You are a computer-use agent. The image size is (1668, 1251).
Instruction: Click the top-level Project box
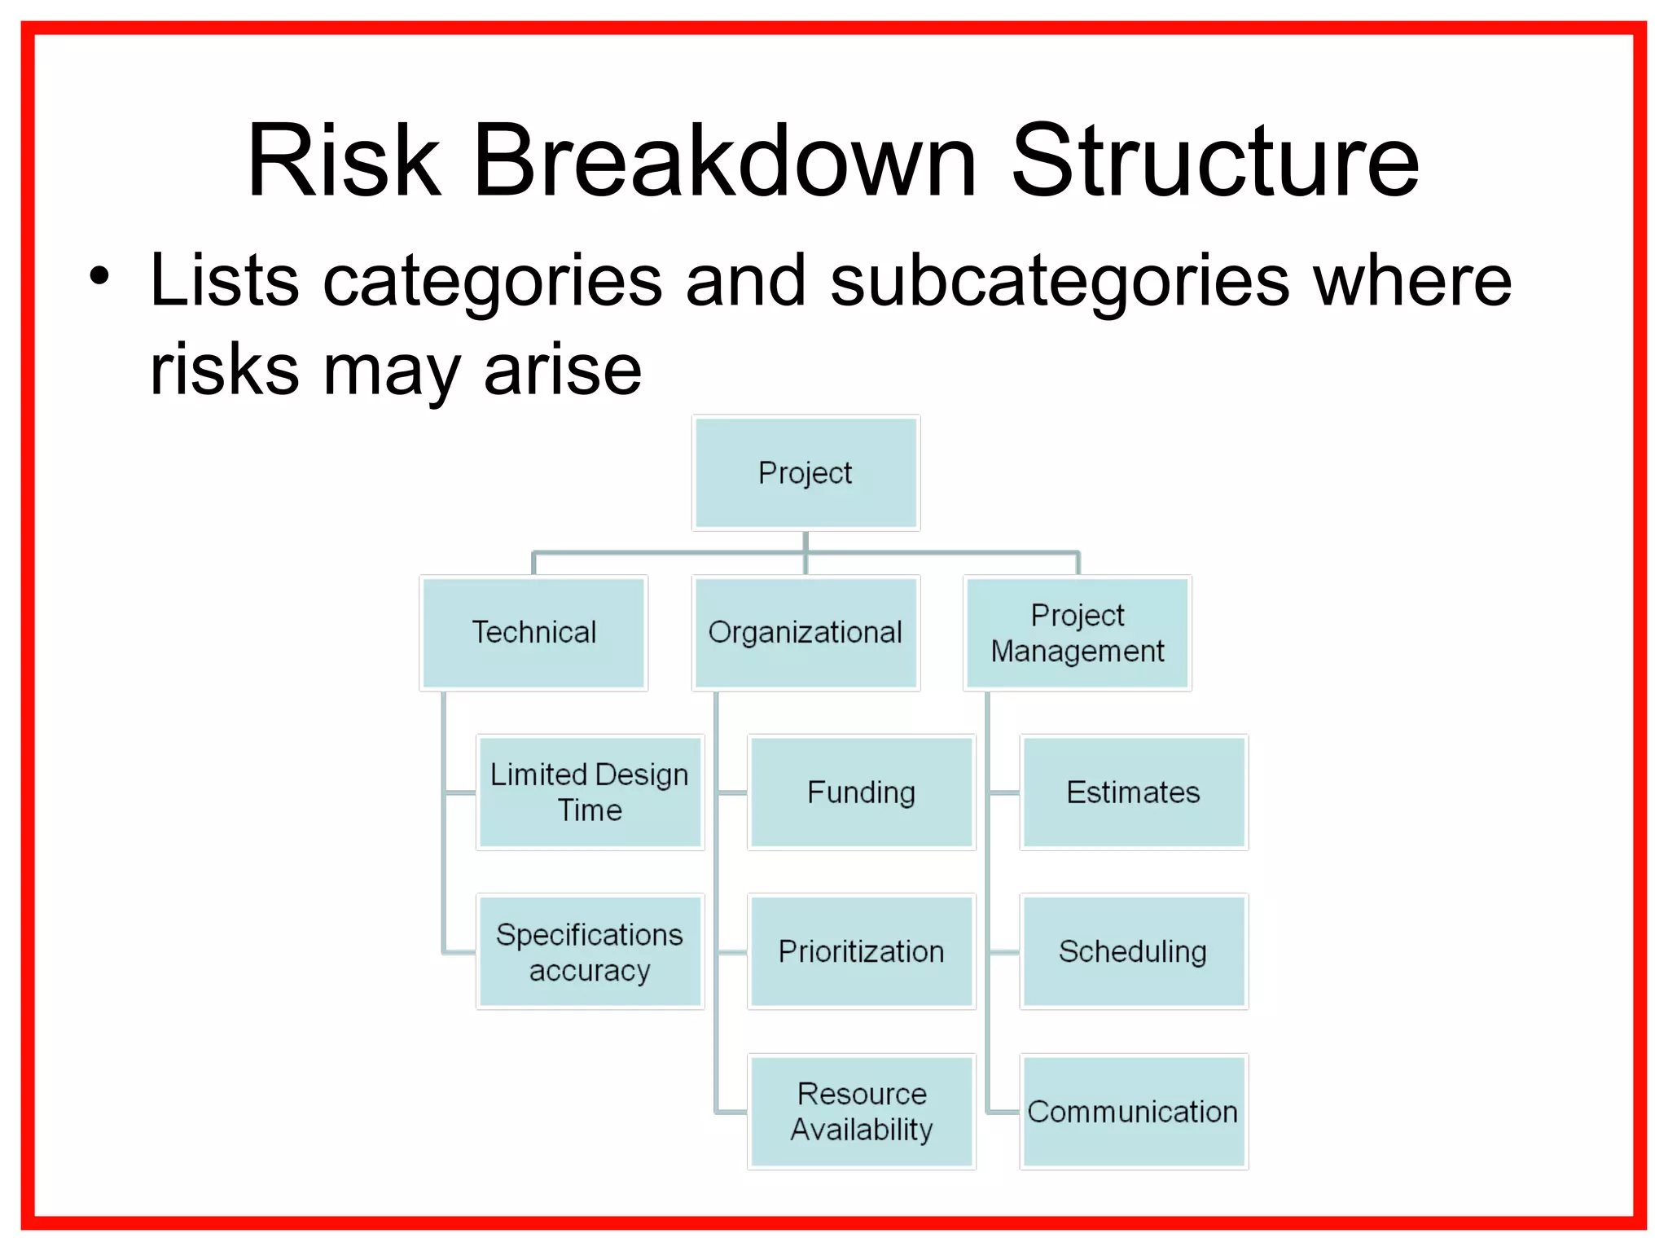[x=805, y=473]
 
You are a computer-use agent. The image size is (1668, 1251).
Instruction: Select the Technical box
[x=533, y=633]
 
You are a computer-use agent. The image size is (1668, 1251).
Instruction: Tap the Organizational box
[x=805, y=633]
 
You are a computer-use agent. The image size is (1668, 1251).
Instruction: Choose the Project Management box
[x=1078, y=633]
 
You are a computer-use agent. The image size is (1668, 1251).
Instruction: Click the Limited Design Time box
[x=590, y=792]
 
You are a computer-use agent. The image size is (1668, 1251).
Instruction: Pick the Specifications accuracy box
[x=590, y=952]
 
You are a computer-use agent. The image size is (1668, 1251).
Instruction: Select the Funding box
[x=861, y=792]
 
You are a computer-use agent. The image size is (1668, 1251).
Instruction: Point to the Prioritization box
[x=861, y=952]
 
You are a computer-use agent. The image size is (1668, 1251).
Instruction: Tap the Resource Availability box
[x=861, y=1112]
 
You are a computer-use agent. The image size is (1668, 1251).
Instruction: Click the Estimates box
[x=1133, y=792]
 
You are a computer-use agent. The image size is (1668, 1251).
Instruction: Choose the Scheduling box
[x=1133, y=952]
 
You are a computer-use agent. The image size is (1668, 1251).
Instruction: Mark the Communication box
[x=1133, y=1112]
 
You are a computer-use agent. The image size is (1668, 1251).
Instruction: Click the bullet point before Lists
[x=99, y=276]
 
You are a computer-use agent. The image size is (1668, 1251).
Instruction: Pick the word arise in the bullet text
[x=562, y=371]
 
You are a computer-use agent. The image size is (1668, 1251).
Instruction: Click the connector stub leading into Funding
[x=732, y=792]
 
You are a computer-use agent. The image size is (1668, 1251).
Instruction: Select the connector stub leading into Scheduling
[x=1004, y=952]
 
